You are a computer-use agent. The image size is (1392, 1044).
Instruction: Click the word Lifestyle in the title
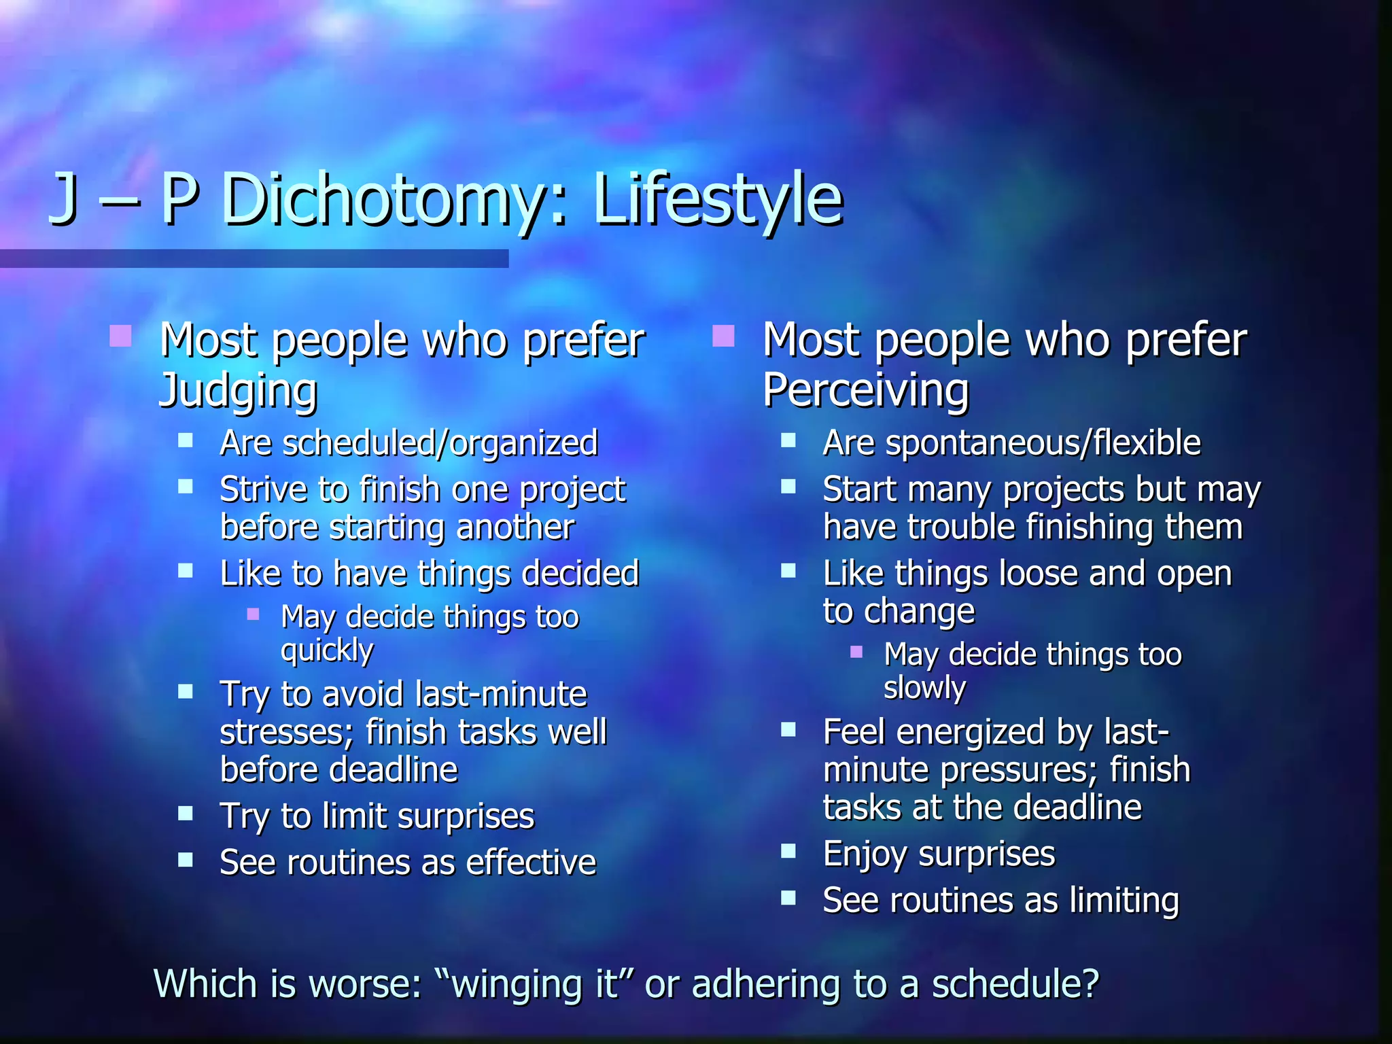coord(718,199)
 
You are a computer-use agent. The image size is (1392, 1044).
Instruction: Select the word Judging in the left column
coord(238,391)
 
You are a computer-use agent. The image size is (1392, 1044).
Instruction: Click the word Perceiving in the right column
coord(865,391)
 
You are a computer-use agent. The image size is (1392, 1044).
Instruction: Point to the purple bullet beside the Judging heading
coord(120,336)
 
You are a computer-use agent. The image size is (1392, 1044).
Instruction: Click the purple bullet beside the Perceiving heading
coord(723,336)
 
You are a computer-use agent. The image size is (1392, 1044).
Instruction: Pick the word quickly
coord(327,651)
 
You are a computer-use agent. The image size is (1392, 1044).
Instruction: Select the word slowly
coord(924,689)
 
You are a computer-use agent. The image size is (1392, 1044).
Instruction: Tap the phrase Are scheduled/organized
coord(408,443)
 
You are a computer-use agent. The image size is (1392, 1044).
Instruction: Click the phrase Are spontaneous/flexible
coord(1011,443)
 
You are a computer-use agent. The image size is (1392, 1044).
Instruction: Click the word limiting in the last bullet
coord(1124,901)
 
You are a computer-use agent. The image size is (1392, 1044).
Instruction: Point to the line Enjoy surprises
coord(939,854)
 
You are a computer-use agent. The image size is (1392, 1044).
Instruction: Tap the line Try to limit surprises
coord(377,816)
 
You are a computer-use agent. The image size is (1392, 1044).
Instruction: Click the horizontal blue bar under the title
coord(254,258)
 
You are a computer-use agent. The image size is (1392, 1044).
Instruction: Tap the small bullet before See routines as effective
coord(186,860)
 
